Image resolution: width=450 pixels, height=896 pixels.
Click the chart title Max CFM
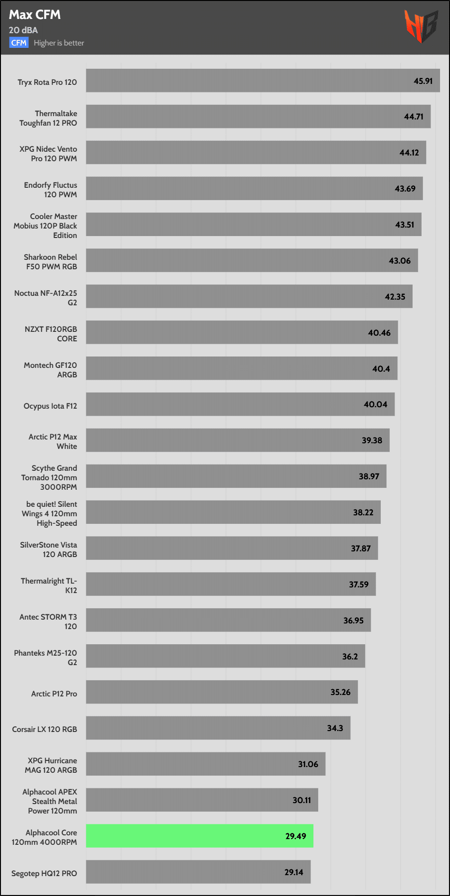click(35, 15)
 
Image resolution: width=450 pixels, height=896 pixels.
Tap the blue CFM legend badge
click(19, 43)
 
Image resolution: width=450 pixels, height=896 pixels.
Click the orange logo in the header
click(420, 26)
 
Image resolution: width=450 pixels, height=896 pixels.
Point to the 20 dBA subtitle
click(23, 30)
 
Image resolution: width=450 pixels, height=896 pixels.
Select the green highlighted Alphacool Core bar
click(199, 836)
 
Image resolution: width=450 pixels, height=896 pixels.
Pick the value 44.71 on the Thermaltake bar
click(413, 117)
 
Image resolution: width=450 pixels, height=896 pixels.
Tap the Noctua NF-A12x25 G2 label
click(46, 298)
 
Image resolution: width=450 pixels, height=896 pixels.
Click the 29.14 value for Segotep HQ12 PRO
click(294, 872)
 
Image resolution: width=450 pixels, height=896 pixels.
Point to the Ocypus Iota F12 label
click(50, 406)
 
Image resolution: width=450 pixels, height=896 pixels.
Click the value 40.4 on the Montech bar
click(381, 369)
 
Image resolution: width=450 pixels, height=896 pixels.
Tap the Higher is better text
click(59, 43)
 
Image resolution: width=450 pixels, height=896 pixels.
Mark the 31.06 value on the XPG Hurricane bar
click(308, 764)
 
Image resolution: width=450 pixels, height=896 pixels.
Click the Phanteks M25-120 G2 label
click(46, 658)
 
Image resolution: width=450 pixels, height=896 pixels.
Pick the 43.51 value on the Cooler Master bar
click(404, 225)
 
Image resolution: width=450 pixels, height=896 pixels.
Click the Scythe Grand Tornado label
click(49, 477)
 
